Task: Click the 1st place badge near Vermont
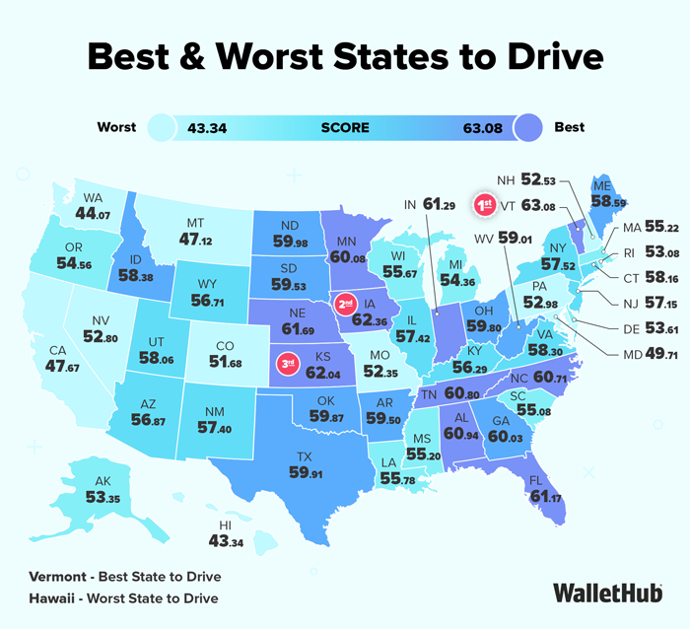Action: pos(484,205)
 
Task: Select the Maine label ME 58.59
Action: pos(601,196)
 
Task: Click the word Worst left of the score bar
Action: pos(117,127)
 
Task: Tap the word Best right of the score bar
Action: pos(569,127)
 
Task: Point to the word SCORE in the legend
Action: pos(345,127)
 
